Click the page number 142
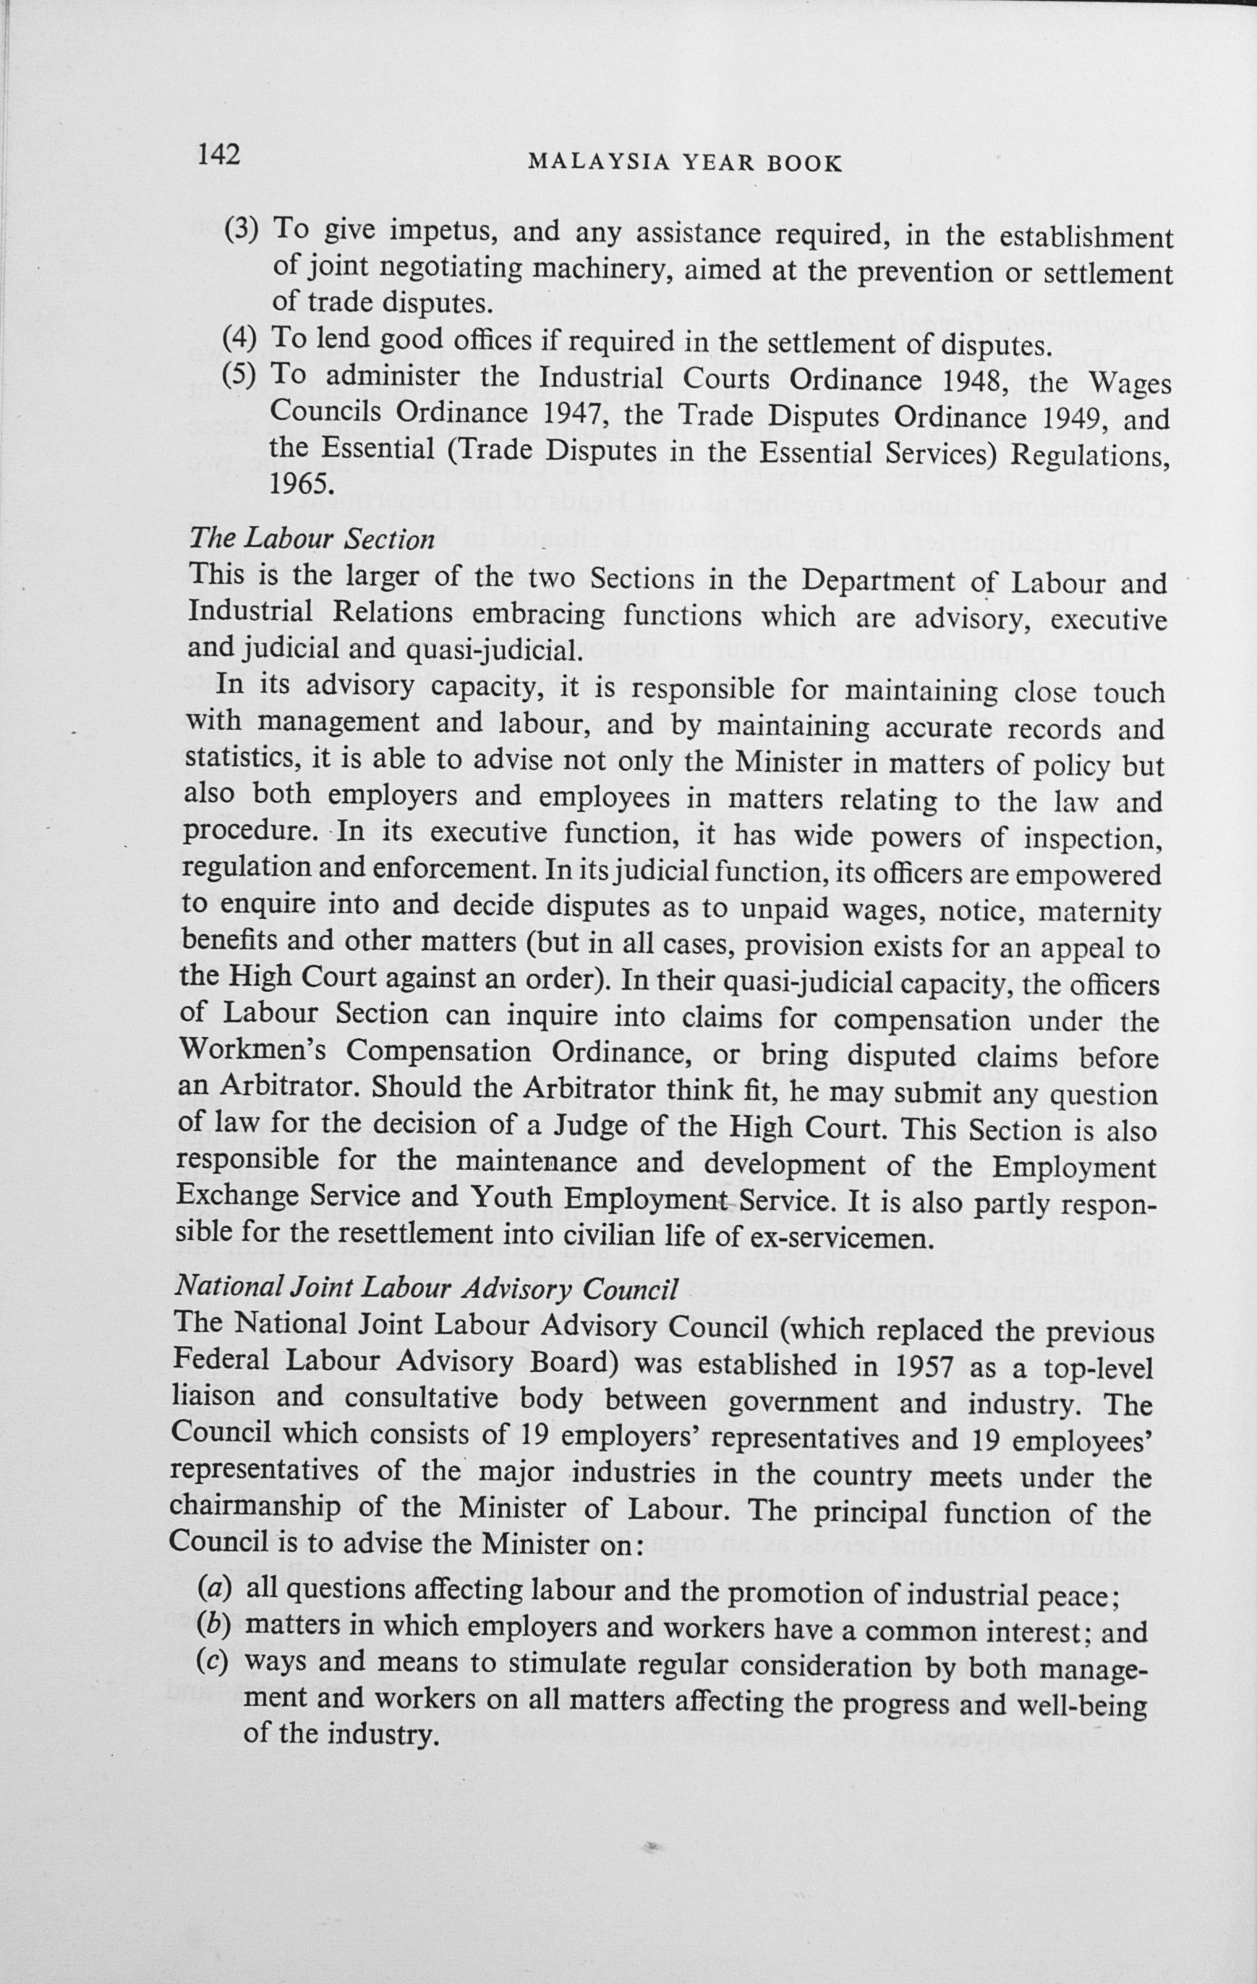(219, 155)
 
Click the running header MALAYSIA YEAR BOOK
(684, 163)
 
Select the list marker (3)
(242, 227)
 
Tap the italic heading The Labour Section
(312, 539)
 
